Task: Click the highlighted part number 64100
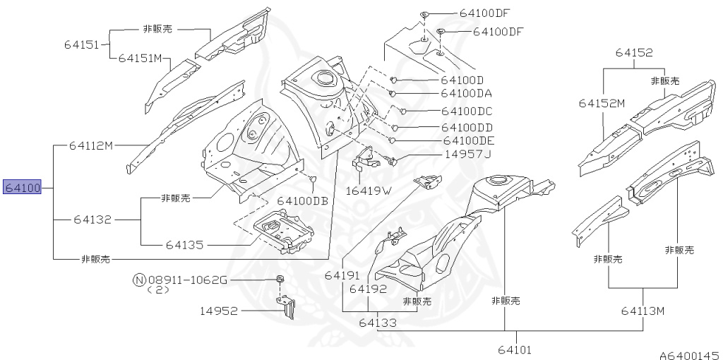tap(23, 188)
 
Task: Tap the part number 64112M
tap(91, 145)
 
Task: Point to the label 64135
tap(185, 245)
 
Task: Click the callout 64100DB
tap(302, 200)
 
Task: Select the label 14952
tap(219, 311)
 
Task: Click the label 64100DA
tap(466, 93)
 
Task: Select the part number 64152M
tap(602, 103)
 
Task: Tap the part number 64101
tap(515, 349)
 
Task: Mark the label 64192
tap(368, 289)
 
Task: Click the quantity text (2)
tap(158, 290)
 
